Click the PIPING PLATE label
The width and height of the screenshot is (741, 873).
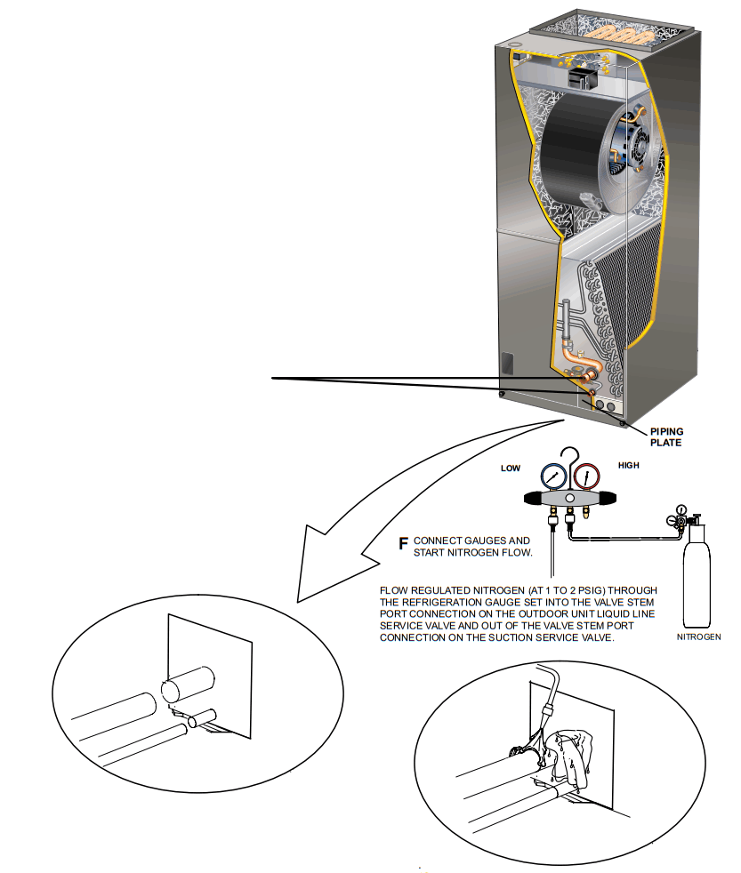(666, 436)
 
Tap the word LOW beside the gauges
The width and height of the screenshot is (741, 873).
(510, 469)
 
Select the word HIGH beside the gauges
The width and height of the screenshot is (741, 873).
(629, 465)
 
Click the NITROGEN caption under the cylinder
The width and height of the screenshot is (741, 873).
(698, 637)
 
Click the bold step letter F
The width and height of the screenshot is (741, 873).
(403, 542)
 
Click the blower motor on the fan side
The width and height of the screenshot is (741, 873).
(637, 147)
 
